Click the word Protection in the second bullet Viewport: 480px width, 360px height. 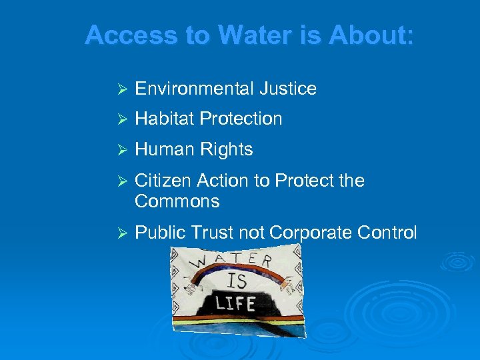click(241, 119)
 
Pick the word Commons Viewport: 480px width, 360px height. click(177, 201)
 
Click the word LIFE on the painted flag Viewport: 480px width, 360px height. click(235, 304)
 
